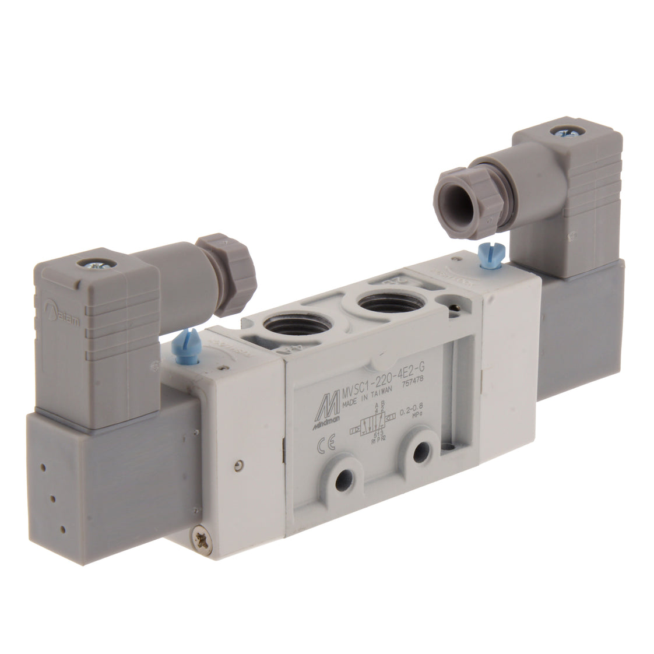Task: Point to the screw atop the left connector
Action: coord(93,263)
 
